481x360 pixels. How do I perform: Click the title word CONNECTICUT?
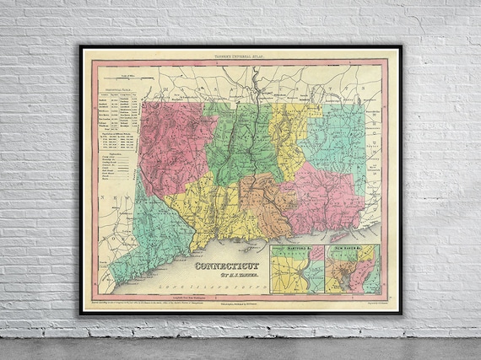227,263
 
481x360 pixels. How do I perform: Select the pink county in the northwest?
173,143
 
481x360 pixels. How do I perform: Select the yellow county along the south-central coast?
211,219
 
